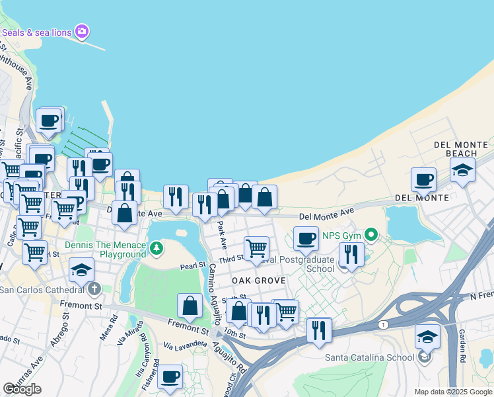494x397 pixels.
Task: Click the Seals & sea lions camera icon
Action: pos(82,31)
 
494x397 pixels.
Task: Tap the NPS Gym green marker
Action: pos(372,234)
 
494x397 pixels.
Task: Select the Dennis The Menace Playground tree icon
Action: pos(157,249)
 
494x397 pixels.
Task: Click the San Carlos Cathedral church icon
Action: pos(94,288)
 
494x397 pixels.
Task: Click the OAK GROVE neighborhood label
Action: pos(259,281)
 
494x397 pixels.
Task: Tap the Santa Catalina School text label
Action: pos(369,358)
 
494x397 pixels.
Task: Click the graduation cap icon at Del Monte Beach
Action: pos(463,169)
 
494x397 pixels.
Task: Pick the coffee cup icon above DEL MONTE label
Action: pos(423,179)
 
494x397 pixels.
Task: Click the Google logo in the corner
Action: pos(22,389)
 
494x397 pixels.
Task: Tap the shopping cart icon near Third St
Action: pos(256,248)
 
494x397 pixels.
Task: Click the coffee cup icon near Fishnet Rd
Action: pos(170,376)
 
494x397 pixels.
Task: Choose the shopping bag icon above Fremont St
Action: pos(190,306)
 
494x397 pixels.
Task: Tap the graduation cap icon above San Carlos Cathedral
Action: pos(82,270)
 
